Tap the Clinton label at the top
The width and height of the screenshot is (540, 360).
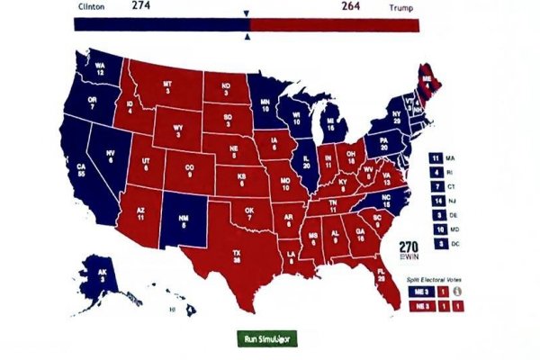(x=90, y=6)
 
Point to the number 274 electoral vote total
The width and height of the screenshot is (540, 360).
(x=141, y=5)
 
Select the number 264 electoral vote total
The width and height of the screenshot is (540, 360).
(x=352, y=6)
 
